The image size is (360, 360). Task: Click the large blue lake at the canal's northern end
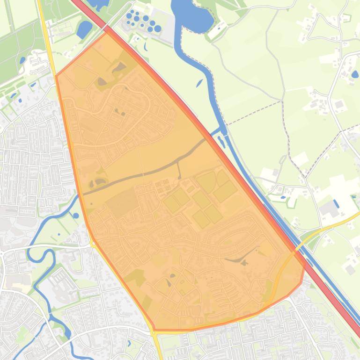[x=193, y=16]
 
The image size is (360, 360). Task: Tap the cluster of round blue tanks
[x=142, y=22]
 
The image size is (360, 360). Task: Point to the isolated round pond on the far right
[x=354, y=74]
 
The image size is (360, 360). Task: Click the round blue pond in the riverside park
[x=76, y=216]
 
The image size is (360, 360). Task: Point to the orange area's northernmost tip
[x=107, y=31]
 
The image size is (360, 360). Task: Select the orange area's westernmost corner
[x=56, y=75]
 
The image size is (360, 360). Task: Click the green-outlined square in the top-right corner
[x=346, y=18]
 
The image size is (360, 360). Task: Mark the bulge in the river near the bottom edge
[x=68, y=333]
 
